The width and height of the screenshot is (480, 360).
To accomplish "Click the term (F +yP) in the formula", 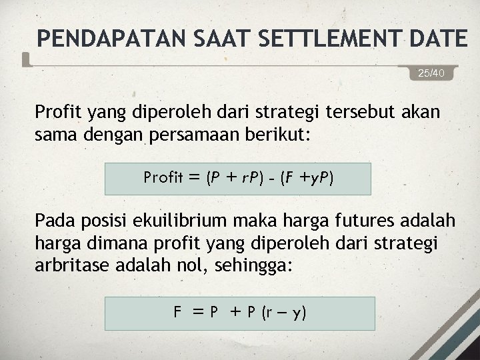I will click(x=308, y=178).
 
